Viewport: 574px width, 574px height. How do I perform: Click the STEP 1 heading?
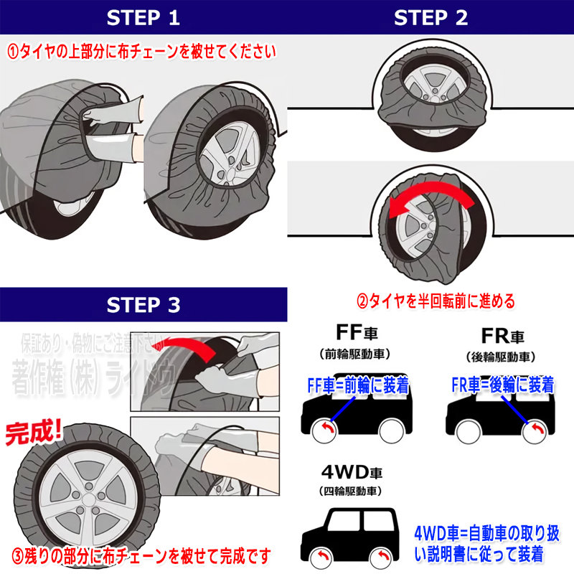pos(143,17)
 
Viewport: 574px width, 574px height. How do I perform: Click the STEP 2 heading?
pos(430,17)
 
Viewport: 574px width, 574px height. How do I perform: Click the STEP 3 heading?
pos(143,304)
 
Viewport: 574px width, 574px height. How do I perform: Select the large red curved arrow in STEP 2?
pos(430,197)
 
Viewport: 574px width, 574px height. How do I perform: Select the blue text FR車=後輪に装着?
pos(502,385)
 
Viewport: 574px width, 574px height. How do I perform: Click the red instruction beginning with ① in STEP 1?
pos(141,52)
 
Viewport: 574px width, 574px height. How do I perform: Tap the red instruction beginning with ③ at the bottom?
pos(141,555)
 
